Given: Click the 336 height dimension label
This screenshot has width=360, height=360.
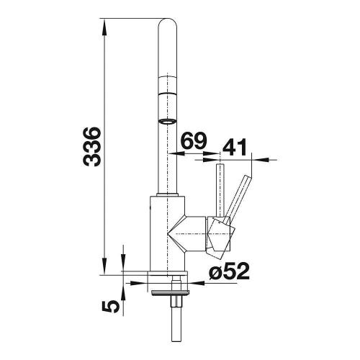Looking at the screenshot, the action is click(91, 147).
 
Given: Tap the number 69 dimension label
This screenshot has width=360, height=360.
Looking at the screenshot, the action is click(194, 140).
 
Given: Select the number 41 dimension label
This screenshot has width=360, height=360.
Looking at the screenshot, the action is click(235, 147).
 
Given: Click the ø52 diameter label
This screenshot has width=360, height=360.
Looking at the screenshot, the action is click(229, 271).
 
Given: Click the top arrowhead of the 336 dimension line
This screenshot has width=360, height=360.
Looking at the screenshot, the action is click(104, 27).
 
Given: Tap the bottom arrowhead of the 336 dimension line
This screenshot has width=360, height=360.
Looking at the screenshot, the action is click(104, 266).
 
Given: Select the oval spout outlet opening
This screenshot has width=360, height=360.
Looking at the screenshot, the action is click(168, 121).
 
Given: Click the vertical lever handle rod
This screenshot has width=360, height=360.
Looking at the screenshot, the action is click(220, 190).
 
